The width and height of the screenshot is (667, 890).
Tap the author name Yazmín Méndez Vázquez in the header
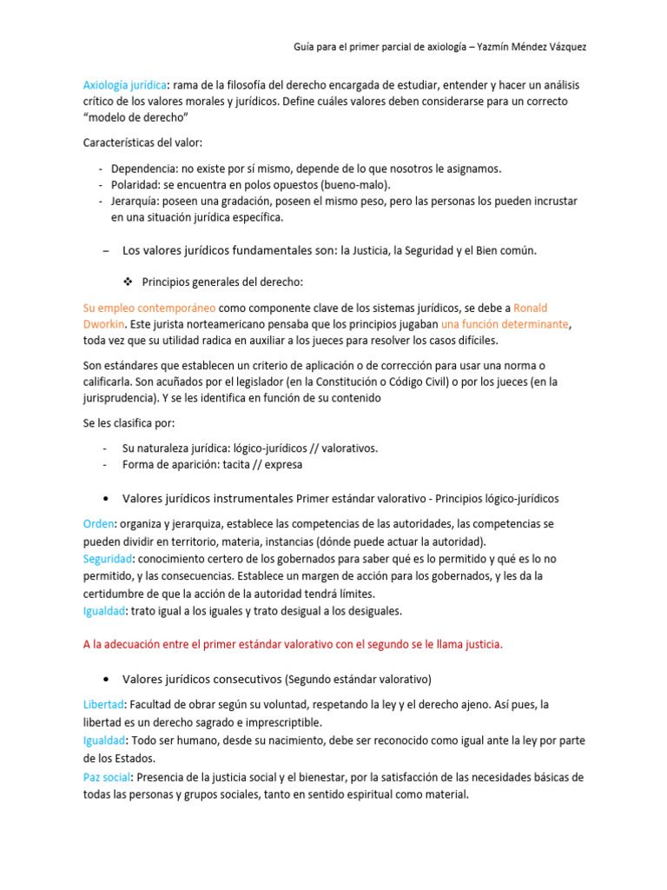pyautogui.click(x=528, y=46)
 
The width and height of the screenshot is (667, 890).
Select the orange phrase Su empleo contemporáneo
pyautogui.click(x=149, y=308)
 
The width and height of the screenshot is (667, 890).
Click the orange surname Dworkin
pyautogui.click(x=104, y=323)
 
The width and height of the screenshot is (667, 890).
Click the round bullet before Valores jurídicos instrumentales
pyautogui.click(x=105, y=499)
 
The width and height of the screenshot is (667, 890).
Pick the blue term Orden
pyautogui.click(x=98, y=525)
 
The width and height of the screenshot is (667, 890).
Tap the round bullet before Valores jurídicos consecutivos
pyautogui.click(x=105, y=678)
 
